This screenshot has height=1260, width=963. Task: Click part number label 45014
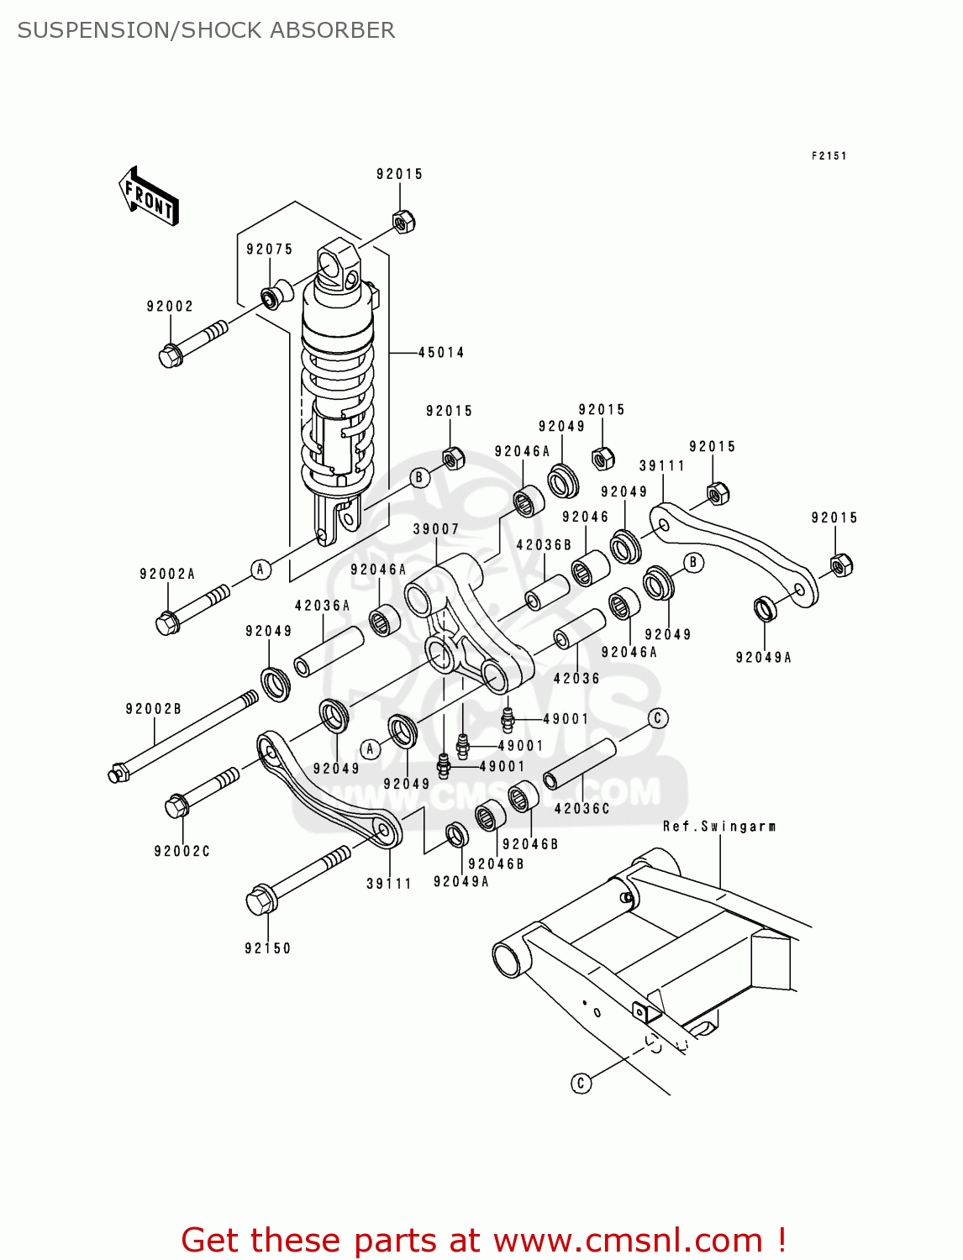tap(441, 353)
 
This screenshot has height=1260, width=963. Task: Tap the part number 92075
tap(269, 249)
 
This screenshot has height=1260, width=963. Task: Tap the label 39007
tap(435, 529)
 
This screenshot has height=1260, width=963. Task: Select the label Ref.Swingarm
tap(718, 827)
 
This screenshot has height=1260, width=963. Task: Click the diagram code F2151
tap(829, 155)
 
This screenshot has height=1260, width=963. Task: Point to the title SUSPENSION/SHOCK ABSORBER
tap(206, 30)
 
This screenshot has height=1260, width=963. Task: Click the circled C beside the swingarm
tap(581, 1083)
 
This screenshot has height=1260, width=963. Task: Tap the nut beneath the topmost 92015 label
tap(404, 221)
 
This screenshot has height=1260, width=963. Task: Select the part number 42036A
tap(322, 606)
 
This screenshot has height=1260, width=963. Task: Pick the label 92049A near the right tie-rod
tap(763, 658)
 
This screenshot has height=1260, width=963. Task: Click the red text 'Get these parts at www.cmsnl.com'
tap(483, 1240)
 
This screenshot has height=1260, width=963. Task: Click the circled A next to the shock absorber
tap(260, 570)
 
